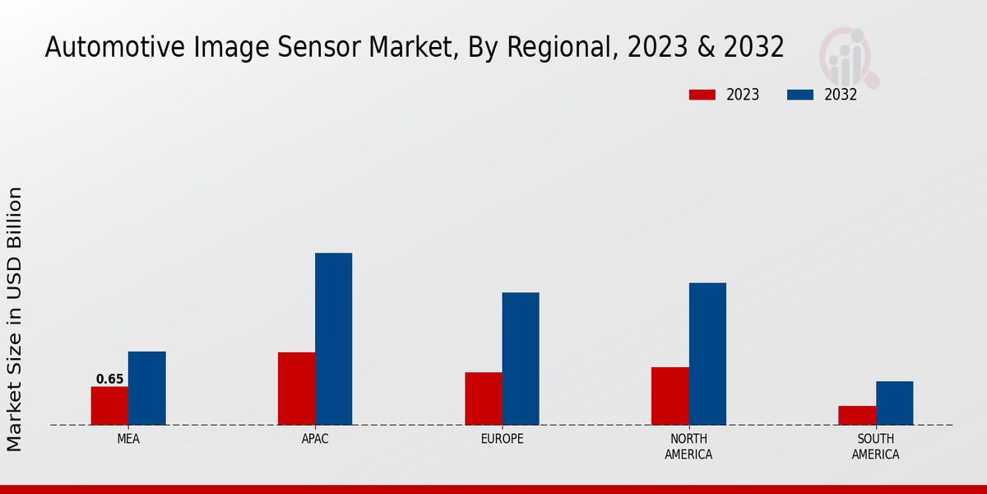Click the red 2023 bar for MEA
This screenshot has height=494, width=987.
[109, 406]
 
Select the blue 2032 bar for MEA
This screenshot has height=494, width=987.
[146, 388]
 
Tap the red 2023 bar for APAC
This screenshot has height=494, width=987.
[296, 389]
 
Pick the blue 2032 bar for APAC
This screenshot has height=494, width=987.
[333, 338]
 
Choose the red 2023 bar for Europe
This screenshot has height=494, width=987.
[483, 398]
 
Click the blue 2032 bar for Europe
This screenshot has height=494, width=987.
[521, 358]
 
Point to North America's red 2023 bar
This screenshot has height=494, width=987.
[670, 396]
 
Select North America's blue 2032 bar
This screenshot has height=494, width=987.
[707, 353]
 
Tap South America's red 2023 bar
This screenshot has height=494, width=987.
[856, 415]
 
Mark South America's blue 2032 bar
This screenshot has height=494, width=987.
[894, 403]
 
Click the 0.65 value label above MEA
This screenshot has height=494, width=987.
[109, 380]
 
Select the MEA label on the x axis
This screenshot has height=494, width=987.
[128, 439]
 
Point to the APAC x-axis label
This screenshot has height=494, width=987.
[315, 439]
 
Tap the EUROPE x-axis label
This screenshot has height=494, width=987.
[502, 439]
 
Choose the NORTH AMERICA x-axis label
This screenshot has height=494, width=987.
[688, 447]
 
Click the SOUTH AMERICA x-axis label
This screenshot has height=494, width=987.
[875, 447]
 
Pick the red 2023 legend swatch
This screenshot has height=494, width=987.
[702, 95]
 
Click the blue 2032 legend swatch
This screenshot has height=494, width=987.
[799, 95]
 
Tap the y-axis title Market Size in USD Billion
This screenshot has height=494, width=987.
[15, 319]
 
